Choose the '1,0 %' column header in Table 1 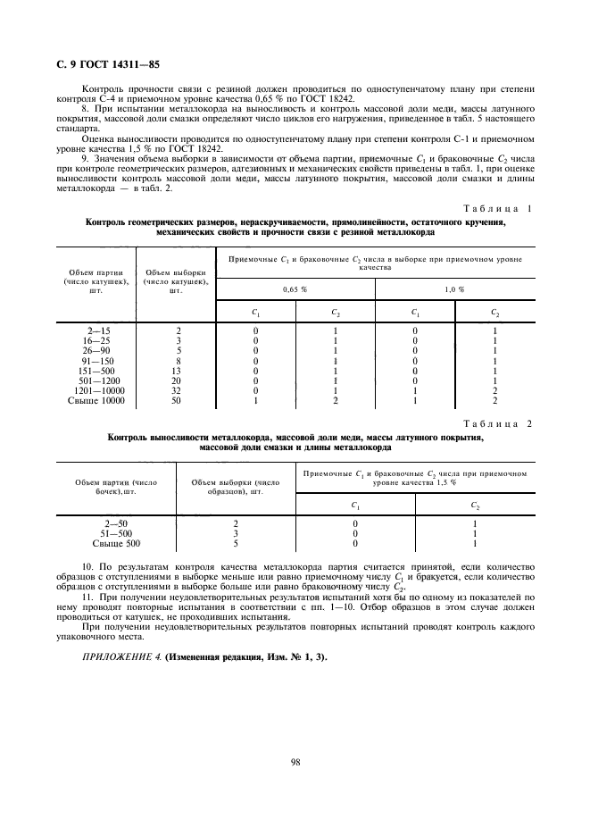454,289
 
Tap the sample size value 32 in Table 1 175,390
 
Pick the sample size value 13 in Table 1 175,371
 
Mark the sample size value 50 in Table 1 175,400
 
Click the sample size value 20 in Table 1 175,380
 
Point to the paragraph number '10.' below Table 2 87,567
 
